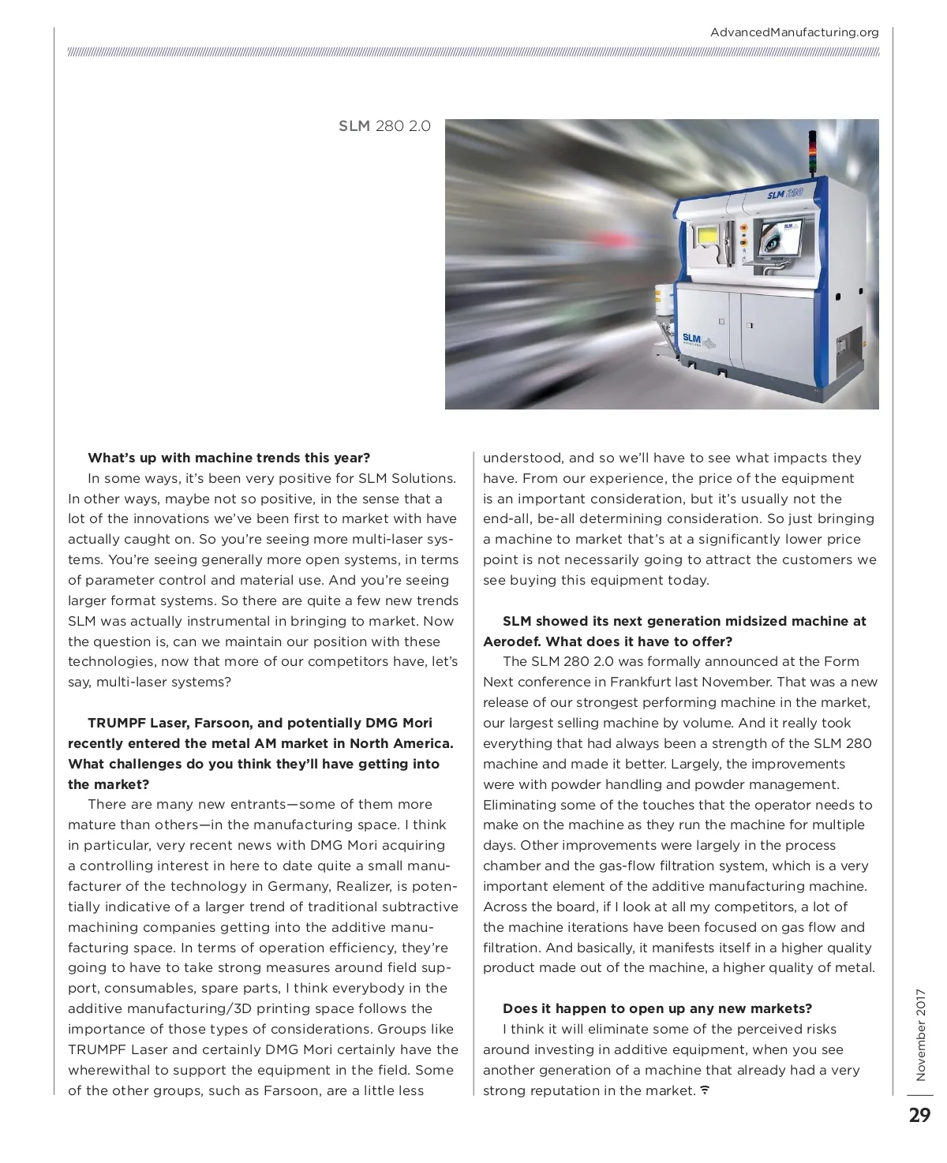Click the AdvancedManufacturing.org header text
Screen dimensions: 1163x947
click(x=794, y=32)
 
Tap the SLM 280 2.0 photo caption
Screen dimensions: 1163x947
click(x=384, y=126)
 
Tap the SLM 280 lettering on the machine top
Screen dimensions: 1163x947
click(x=785, y=193)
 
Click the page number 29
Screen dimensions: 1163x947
click(x=919, y=1115)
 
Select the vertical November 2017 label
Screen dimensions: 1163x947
click(x=920, y=1034)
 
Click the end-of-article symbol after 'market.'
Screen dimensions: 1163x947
click(x=705, y=1090)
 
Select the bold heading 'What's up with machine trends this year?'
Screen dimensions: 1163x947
click(x=229, y=458)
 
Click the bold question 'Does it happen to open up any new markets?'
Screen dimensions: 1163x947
click(x=657, y=1008)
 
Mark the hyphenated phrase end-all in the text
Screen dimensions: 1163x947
click(x=505, y=518)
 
